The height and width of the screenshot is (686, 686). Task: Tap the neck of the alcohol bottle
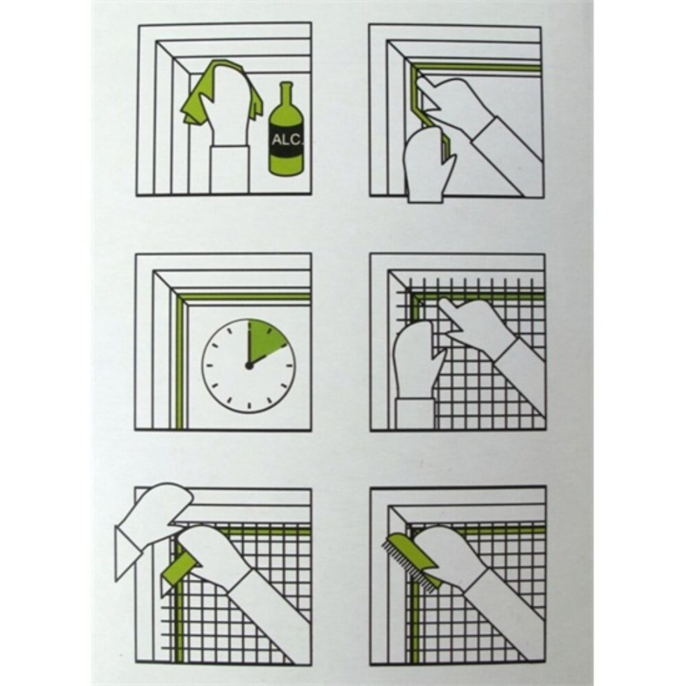click(285, 95)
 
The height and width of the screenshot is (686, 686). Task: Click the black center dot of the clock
click(249, 366)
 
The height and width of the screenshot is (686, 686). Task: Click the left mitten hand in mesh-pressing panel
click(414, 359)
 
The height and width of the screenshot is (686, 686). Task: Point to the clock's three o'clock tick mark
click(289, 366)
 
